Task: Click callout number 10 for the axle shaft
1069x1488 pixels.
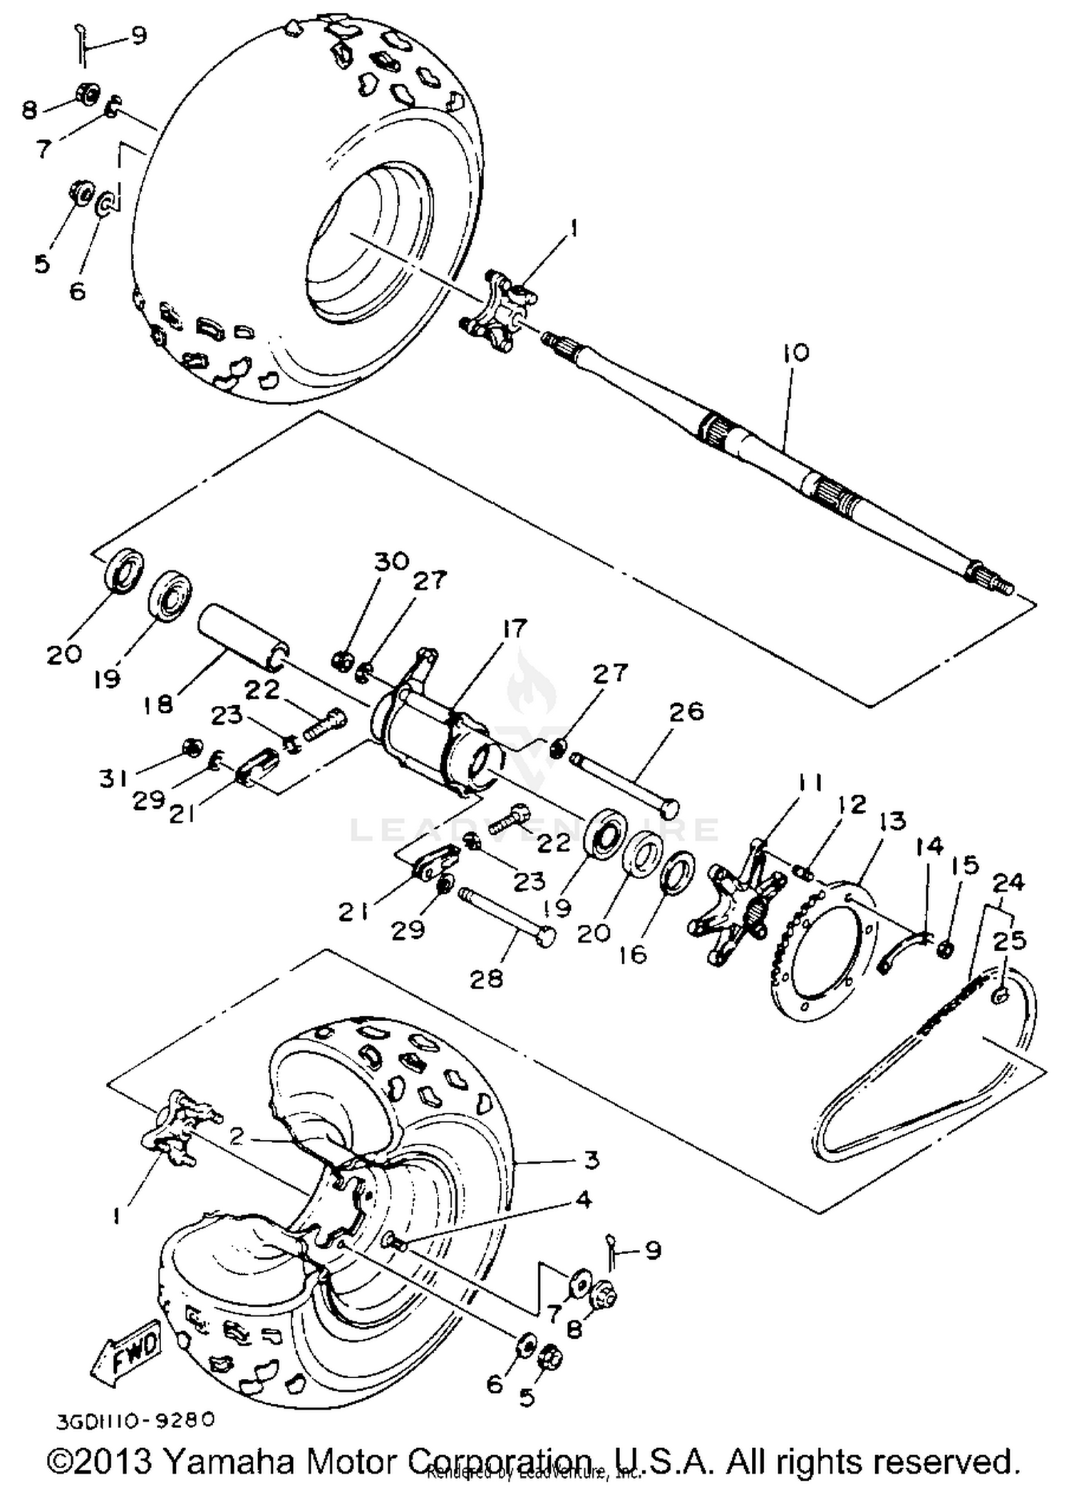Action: click(x=795, y=353)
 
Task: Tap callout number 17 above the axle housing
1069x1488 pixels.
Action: click(x=514, y=629)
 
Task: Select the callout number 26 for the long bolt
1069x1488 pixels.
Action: click(x=686, y=711)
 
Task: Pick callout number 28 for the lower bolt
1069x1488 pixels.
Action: click(x=486, y=979)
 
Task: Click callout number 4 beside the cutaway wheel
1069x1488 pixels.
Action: click(x=583, y=1200)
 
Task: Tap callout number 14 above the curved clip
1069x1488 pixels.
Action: click(x=929, y=846)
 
